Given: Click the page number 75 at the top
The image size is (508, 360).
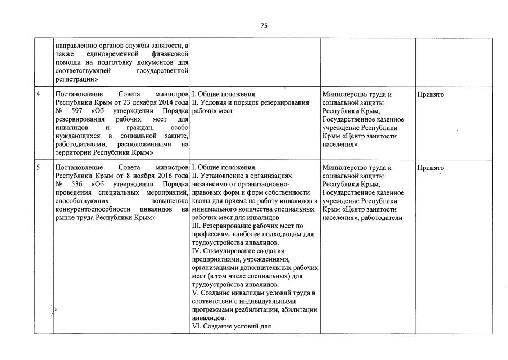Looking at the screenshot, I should (x=264, y=26).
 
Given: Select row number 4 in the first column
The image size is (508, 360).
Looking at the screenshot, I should (x=38, y=94).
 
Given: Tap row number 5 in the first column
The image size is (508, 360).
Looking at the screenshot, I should (x=38, y=168).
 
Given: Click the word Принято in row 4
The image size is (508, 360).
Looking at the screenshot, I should (x=430, y=94).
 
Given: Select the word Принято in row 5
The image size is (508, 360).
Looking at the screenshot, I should (x=430, y=168).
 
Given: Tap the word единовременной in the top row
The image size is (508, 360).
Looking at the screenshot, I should (x=105, y=53).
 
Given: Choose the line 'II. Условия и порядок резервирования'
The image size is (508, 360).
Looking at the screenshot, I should (x=251, y=103).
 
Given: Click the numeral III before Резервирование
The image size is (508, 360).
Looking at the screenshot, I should (x=197, y=226).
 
